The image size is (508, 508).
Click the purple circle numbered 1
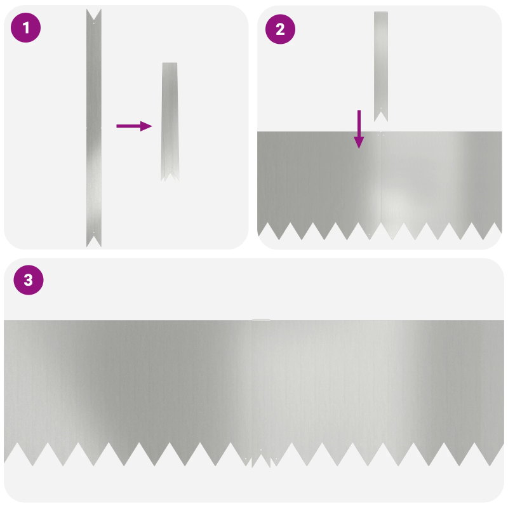(x=25, y=27)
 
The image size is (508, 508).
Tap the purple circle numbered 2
(x=280, y=29)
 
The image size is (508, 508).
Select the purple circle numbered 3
(x=29, y=280)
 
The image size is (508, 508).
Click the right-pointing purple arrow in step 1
(x=134, y=126)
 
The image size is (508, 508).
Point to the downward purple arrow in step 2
(x=359, y=130)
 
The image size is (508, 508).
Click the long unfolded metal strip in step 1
(x=94, y=128)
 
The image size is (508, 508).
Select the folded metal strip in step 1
(x=170, y=121)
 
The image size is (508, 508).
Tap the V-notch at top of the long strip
(x=94, y=15)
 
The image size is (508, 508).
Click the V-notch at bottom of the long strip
(x=94, y=241)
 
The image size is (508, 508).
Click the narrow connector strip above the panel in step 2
(x=381, y=67)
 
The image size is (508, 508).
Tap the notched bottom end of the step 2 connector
(x=381, y=116)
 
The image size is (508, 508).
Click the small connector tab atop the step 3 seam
(x=261, y=320)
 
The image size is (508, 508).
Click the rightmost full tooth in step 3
(x=490, y=454)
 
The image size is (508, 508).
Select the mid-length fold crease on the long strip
(x=94, y=128)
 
